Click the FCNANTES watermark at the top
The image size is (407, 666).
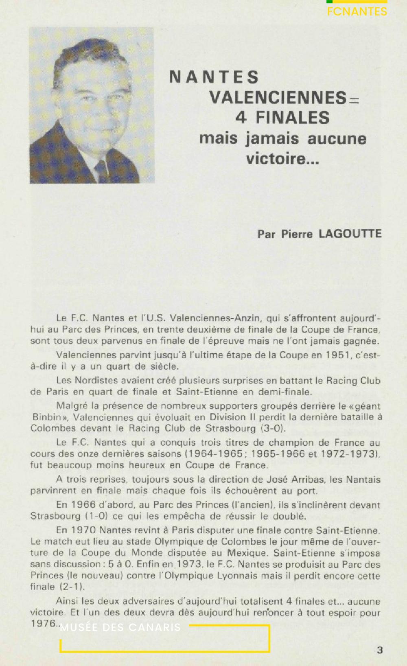[357, 11]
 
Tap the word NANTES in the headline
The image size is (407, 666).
[214, 77]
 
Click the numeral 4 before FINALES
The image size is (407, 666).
[241, 118]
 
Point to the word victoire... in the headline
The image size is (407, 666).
[282, 158]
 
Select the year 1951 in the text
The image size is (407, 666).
[337, 355]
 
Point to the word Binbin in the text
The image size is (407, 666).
[47, 417]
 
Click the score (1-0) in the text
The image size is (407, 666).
[96, 516]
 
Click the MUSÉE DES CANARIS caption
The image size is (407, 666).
[120, 627]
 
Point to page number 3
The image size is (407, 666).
[379, 650]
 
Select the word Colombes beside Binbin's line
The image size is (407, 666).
[48, 428]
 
